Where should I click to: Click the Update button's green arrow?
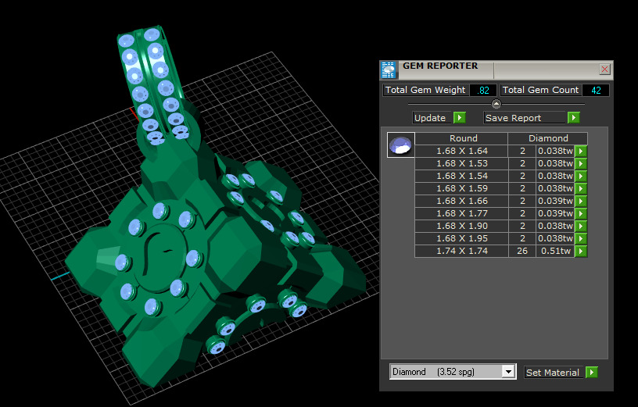[460, 118]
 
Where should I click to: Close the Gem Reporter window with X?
[604, 69]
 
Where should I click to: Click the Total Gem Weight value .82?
[483, 91]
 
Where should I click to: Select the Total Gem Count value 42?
[595, 91]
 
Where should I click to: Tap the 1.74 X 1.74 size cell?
[461, 251]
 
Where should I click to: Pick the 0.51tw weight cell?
[555, 251]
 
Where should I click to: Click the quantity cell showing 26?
[522, 251]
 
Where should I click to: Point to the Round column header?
[463, 138]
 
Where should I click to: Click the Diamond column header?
[548, 138]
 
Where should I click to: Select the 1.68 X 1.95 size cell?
[461, 238]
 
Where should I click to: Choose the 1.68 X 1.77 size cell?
[461, 213]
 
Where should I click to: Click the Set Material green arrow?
[592, 373]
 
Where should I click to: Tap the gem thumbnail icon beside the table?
[400, 145]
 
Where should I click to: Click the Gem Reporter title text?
[440, 66]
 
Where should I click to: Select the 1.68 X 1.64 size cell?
[461, 151]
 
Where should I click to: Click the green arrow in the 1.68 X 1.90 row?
[581, 226]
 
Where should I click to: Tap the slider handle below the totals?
[496, 104]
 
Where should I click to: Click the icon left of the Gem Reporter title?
[389, 70]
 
